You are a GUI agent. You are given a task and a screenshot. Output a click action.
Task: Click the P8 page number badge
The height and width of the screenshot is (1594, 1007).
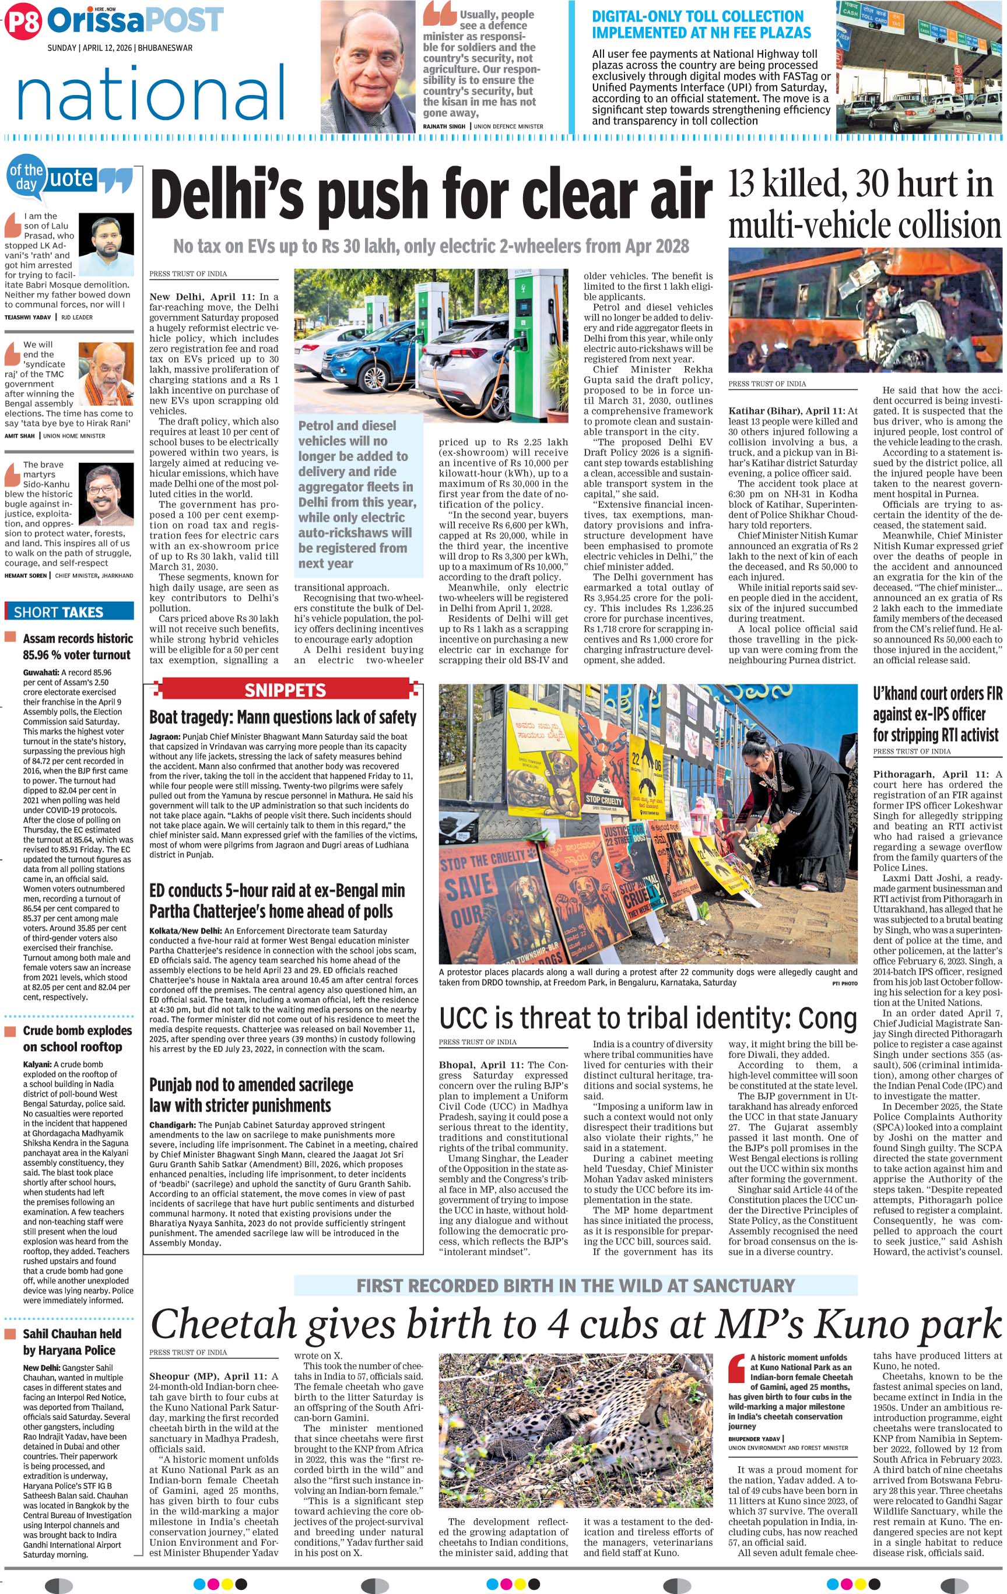pyautogui.click(x=23, y=21)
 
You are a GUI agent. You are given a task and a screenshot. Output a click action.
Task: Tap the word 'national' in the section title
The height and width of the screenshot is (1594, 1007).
pyautogui.click(x=152, y=93)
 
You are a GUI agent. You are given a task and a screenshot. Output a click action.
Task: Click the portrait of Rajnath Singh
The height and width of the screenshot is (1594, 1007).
pyautogui.click(x=370, y=67)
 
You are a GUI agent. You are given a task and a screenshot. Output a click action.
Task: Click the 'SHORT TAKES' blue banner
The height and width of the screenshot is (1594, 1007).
pyautogui.click(x=69, y=612)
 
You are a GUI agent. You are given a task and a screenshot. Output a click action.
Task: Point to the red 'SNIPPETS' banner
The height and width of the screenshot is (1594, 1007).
pyautogui.click(x=285, y=690)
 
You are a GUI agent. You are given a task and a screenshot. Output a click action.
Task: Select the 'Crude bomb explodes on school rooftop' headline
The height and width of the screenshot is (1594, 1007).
pyautogui.click(x=78, y=1038)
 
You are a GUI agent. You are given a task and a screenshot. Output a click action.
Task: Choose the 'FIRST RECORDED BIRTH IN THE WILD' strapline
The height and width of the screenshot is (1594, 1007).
pyautogui.click(x=576, y=1286)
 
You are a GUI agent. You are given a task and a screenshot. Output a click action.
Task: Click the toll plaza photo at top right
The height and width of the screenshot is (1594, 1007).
pyautogui.click(x=920, y=67)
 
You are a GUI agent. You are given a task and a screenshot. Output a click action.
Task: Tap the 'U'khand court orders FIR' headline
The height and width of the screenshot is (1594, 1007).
pyautogui.click(x=936, y=714)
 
